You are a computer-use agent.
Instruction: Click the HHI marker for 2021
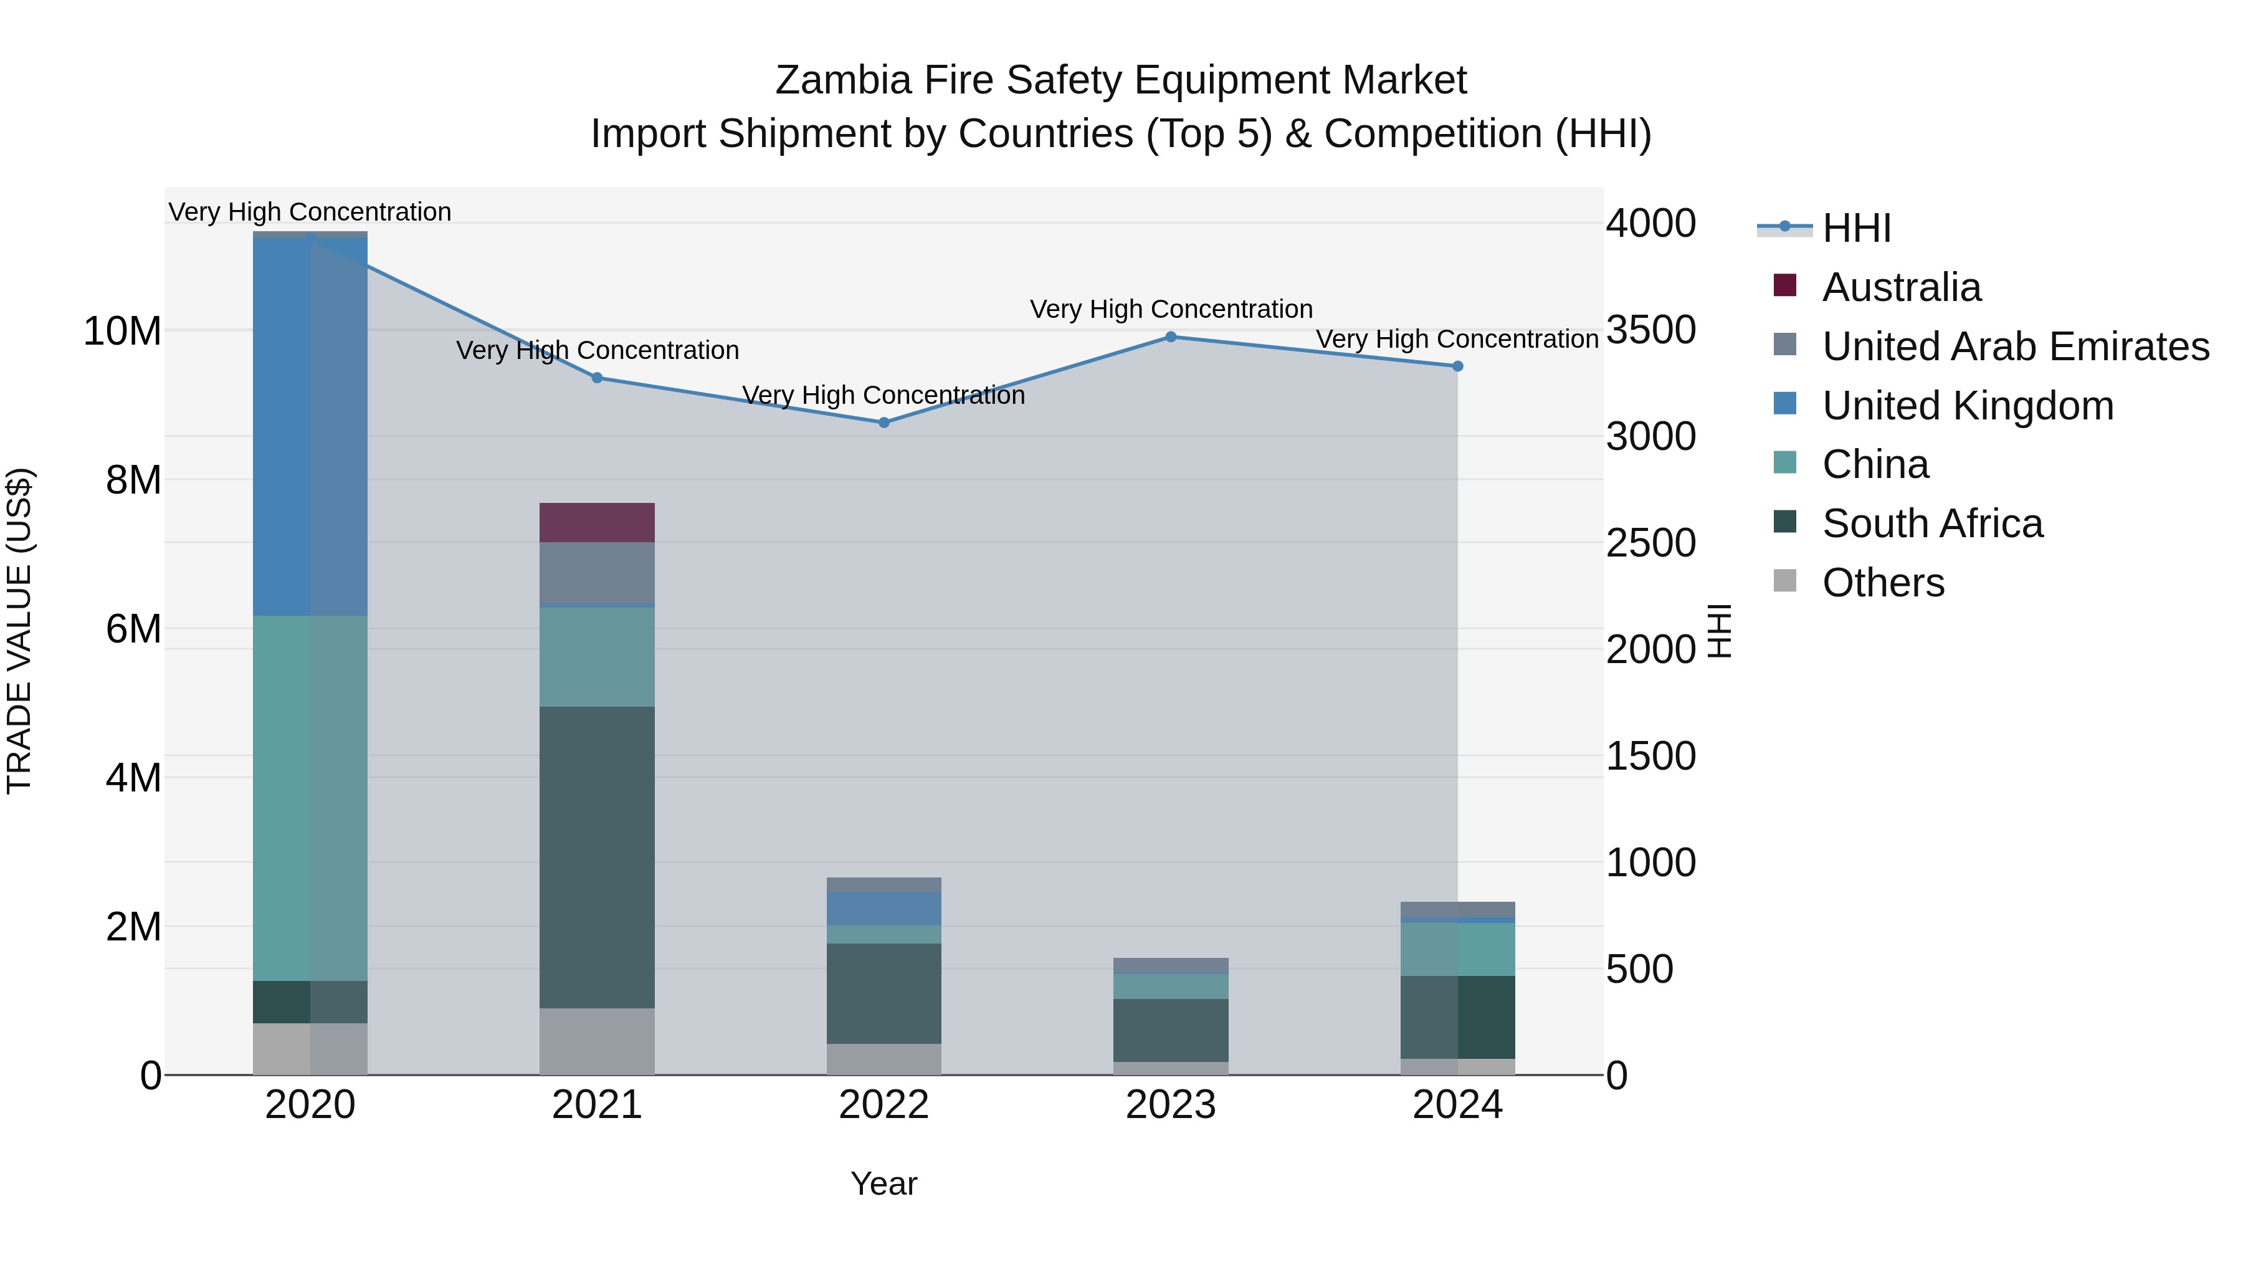point(598,378)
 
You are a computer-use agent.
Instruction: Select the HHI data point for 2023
point(1171,337)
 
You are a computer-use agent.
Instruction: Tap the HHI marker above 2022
point(883,423)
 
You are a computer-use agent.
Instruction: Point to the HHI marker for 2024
point(1457,366)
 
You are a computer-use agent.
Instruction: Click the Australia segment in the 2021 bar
point(598,523)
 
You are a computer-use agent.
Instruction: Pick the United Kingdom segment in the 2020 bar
point(310,427)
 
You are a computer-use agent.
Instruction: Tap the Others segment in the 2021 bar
point(598,1041)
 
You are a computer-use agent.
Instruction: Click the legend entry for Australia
point(1901,287)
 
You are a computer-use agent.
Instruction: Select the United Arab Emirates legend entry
point(2015,347)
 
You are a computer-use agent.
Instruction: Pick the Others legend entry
point(1882,583)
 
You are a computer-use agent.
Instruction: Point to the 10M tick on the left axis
point(122,332)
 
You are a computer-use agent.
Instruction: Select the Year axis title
point(883,1183)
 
